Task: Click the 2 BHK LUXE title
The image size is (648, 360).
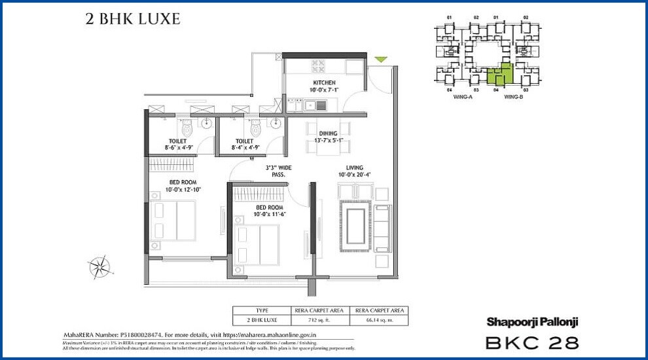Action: [133, 19]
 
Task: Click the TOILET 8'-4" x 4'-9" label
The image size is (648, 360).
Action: [245, 144]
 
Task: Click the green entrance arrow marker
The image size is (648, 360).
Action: [381, 60]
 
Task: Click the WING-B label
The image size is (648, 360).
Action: [513, 97]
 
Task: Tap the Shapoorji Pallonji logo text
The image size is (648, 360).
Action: [532, 321]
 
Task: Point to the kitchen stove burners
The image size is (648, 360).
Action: [318, 65]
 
